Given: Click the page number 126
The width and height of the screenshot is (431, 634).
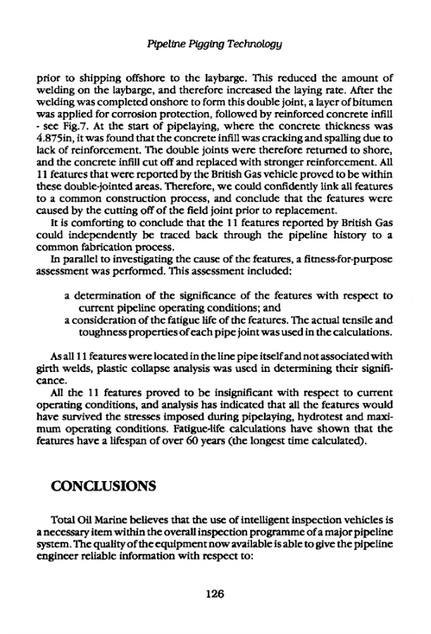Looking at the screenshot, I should coord(215,594).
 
